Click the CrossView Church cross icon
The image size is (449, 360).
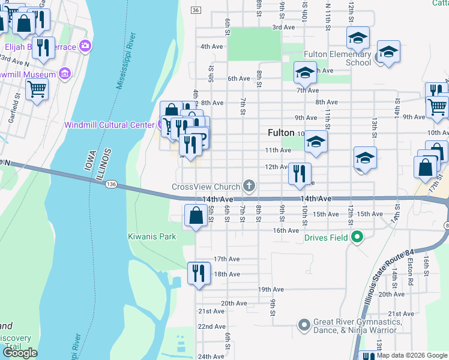point(249,187)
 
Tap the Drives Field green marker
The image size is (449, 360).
point(357,238)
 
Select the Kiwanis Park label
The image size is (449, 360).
point(152,236)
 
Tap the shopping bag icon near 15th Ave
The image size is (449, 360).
point(196,215)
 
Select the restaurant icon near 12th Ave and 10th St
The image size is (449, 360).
point(300,174)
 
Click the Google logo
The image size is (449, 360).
point(20,353)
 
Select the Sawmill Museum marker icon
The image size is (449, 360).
point(65,74)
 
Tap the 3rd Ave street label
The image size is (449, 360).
point(283,27)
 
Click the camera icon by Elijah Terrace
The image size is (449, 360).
point(85,46)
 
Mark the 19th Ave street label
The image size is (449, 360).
point(271,289)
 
